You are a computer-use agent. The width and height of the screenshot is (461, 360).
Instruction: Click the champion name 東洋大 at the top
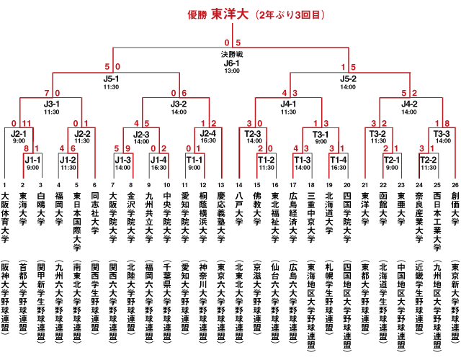tap(230, 14)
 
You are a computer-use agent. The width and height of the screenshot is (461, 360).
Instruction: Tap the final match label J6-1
tap(232, 63)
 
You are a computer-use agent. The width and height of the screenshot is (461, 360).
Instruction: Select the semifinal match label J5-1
tap(111, 79)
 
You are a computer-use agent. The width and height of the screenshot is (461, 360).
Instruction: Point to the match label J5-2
tap(348, 79)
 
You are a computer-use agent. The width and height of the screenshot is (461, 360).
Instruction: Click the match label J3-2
tap(179, 104)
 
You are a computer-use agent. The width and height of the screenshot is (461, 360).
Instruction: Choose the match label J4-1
tap(288, 104)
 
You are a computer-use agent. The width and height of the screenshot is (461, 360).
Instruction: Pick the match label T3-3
tap(442, 134)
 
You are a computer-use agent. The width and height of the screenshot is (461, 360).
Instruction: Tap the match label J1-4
tap(158, 160)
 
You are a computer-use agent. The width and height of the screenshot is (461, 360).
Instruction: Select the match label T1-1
tap(194, 160)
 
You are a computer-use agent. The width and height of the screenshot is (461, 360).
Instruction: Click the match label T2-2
tap(429, 160)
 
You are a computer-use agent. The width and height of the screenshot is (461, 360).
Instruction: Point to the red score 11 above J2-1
tap(27, 123)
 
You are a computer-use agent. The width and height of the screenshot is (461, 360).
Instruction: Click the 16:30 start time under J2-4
tap(208, 140)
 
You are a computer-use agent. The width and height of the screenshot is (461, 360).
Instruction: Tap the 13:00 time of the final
tap(232, 71)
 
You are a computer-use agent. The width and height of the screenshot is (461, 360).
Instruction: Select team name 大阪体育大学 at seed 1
tap(5, 217)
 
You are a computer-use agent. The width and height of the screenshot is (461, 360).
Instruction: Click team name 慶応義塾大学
tap(221, 217)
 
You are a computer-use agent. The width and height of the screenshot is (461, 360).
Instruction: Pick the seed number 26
tap(455, 185)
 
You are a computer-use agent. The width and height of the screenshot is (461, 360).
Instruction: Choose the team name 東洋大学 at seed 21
tap(365, 209)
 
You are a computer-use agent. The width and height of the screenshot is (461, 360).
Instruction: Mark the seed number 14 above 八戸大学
tap(239, 185)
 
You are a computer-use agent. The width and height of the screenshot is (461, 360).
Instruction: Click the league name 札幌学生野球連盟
tap(329, 296)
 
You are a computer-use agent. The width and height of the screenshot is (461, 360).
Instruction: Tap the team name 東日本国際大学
tap(77, 222)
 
